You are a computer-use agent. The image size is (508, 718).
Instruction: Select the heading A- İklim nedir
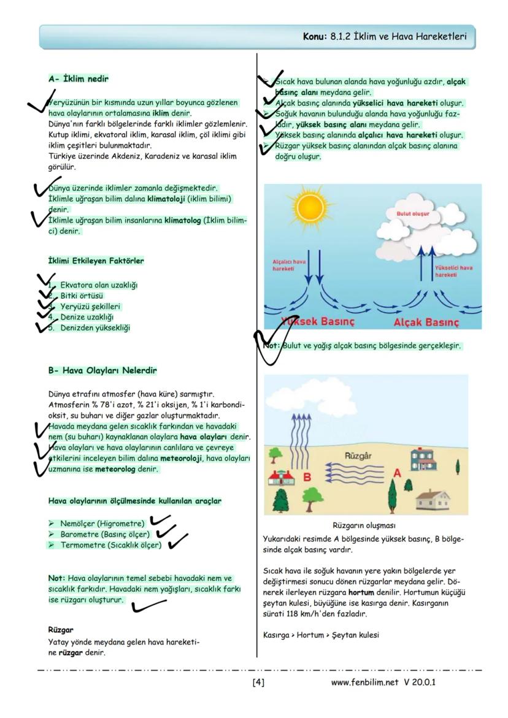(79, 79)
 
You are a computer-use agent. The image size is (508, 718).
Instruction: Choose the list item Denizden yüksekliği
(95, 327)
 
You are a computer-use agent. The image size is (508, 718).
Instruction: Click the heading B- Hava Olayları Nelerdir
(102, 370)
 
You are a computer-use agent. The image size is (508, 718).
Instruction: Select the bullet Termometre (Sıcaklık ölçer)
(110, 545)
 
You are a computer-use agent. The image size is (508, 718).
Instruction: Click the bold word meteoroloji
(182, 458)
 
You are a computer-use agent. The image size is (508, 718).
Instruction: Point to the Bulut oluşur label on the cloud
(412, 215)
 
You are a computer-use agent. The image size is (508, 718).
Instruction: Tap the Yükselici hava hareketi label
(454, 272)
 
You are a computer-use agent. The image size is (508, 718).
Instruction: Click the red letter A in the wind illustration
(397, 473)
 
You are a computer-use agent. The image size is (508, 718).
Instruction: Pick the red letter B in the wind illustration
(307, 476)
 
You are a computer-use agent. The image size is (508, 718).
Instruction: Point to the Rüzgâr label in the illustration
(358, 456)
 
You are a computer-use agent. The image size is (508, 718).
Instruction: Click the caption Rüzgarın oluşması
(364, 525)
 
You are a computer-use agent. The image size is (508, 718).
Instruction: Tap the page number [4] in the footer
(258, 682)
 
